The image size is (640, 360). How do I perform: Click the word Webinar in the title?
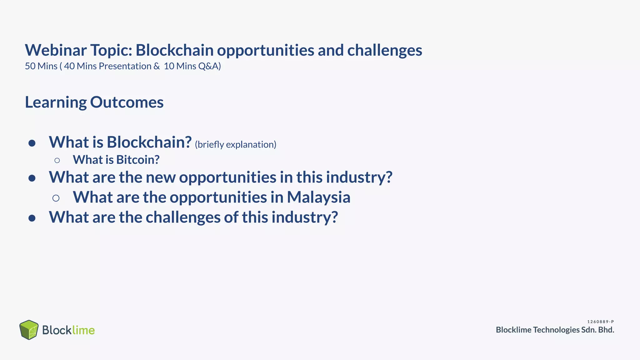point(56,50)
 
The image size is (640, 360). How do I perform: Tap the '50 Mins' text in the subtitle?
point(41,66)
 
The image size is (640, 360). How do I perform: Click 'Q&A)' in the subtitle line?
point(210,66)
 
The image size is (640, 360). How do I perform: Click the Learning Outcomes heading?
point(94,102)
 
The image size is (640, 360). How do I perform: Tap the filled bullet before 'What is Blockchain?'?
point(32,143)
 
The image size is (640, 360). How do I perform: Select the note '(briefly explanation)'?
point(235,144)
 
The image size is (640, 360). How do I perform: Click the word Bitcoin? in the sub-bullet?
point(138,160)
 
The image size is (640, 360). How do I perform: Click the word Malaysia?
point(318,197)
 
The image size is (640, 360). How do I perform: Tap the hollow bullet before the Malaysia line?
point(56,198)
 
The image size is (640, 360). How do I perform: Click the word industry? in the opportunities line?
point(359,177)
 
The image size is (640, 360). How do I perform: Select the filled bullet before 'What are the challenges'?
point(32,218)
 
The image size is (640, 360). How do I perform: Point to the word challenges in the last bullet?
point(183,217)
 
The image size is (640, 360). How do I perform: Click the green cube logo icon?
point(29,330)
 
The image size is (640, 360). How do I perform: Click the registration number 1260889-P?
point(600,322)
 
